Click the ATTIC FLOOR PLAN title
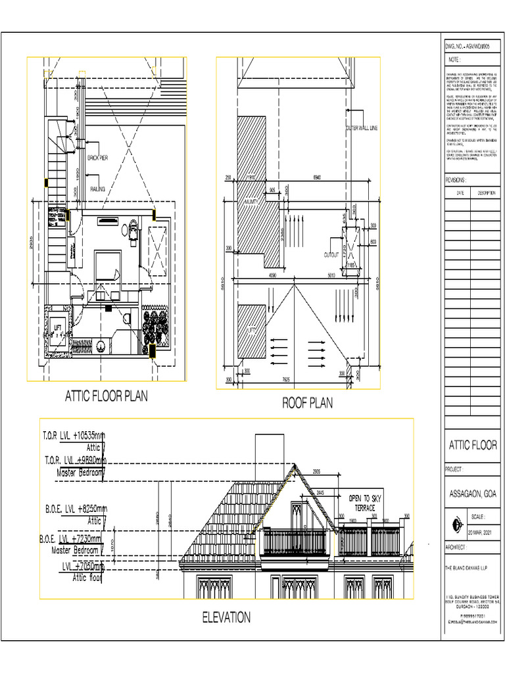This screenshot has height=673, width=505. coord(106,396)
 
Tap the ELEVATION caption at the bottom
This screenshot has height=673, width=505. coord(226,617)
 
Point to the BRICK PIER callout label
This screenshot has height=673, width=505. coord(98,158)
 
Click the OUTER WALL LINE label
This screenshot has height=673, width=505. coord(361,129)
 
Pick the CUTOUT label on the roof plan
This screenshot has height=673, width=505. coord(331,254)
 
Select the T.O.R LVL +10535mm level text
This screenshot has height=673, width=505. coord(73,436)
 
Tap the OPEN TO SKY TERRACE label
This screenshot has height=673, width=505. coord(364,503)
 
